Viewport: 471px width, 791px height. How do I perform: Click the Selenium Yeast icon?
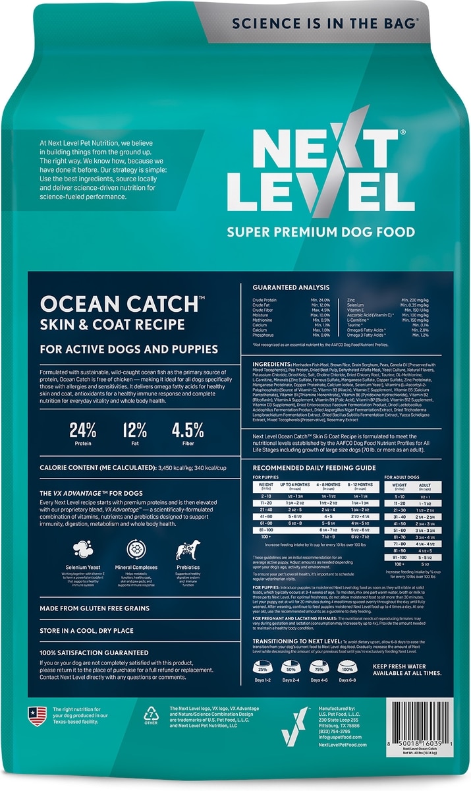pos(82,549)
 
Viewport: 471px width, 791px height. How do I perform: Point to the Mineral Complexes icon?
pos(135,549)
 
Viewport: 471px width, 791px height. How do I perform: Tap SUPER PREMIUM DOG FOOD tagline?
pos(321,231)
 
